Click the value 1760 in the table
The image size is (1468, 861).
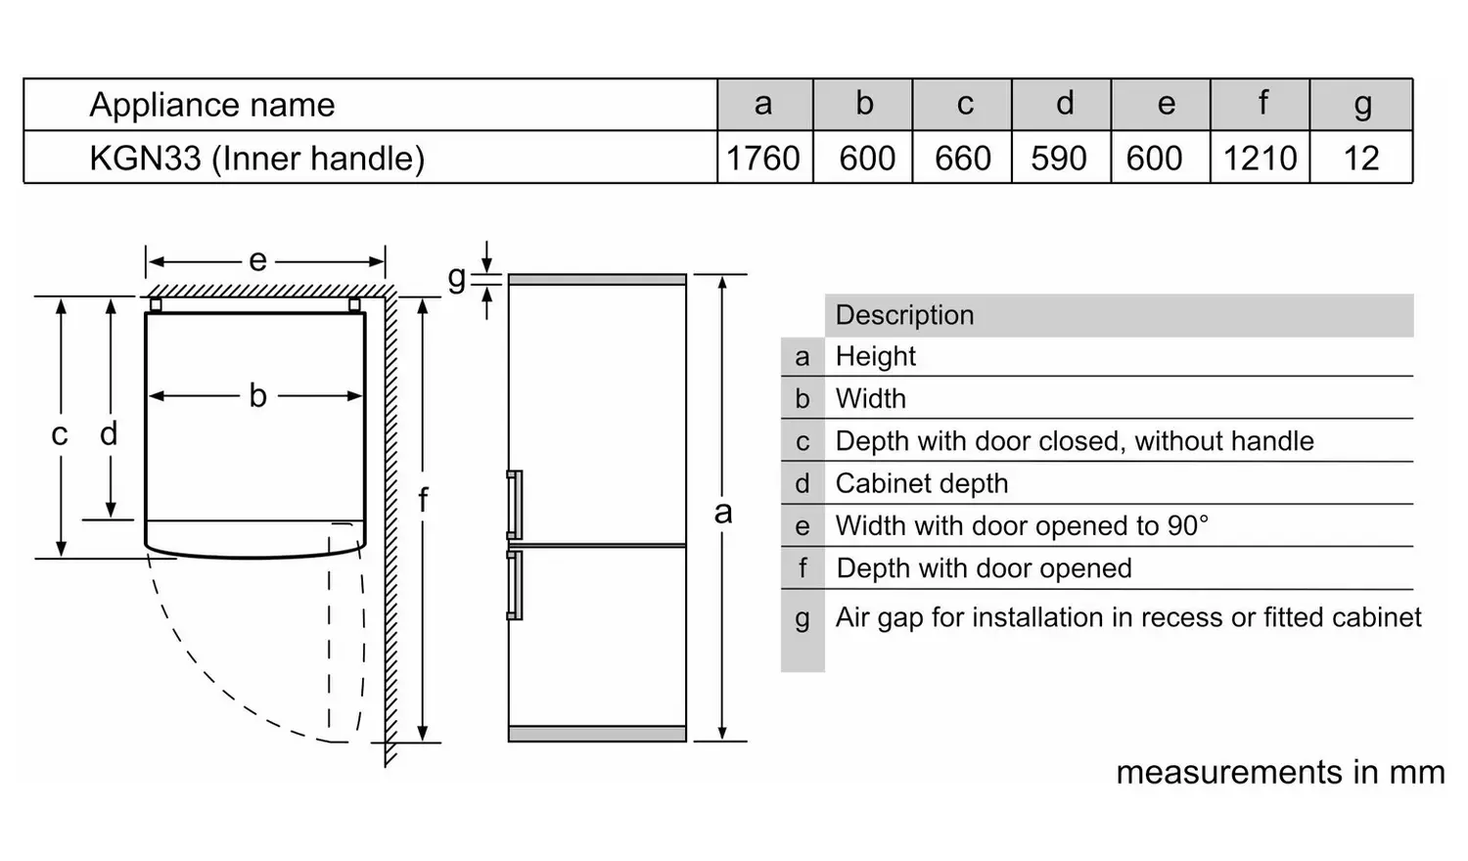click(763, 158)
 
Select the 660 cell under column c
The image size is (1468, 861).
click(963, 158)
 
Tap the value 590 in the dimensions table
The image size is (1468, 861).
click(1059, 158)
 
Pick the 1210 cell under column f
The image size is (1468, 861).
click(1261, 158)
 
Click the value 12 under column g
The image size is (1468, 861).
click(1361, 158)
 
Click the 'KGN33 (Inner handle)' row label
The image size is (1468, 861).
click(256, 159)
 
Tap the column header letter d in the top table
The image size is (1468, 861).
click(1065, 103)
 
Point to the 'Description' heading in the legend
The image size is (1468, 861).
click(904, 315)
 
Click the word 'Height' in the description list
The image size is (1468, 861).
click(876, 356)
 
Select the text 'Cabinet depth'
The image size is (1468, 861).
click(922, 483)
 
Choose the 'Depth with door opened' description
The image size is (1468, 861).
click(984, 568)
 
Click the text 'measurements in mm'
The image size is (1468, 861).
click(1280, 772)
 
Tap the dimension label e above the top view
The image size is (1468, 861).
click(258, 261)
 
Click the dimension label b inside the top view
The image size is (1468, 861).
click(257, 395)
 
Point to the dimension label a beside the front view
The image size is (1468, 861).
click(723, 513)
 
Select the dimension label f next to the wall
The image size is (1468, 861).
click(424, 500)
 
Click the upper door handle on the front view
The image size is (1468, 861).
click(515, 505)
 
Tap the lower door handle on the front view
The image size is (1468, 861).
click(515, 584)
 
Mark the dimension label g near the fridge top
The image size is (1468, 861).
click(457, 278)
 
